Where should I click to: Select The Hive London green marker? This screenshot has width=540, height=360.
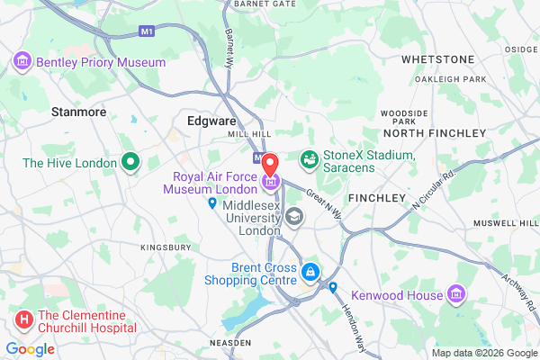(130, 163)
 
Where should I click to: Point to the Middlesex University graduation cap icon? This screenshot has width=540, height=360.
(294, 217)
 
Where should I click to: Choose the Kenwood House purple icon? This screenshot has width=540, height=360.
(457, 294)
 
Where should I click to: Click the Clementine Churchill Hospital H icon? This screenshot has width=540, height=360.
(23, 318)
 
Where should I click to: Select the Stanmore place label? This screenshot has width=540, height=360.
(79, 112)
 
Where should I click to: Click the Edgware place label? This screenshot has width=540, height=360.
(211, 119)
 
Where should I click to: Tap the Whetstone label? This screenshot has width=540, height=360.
(437, 59)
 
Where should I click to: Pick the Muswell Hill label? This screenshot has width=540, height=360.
(506, 220)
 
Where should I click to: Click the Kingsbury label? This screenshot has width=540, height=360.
(166, 247)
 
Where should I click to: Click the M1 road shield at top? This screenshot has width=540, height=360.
(148, 31)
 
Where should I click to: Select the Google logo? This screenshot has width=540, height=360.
(31, 348)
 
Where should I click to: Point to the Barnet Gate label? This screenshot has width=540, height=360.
(265, 4)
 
